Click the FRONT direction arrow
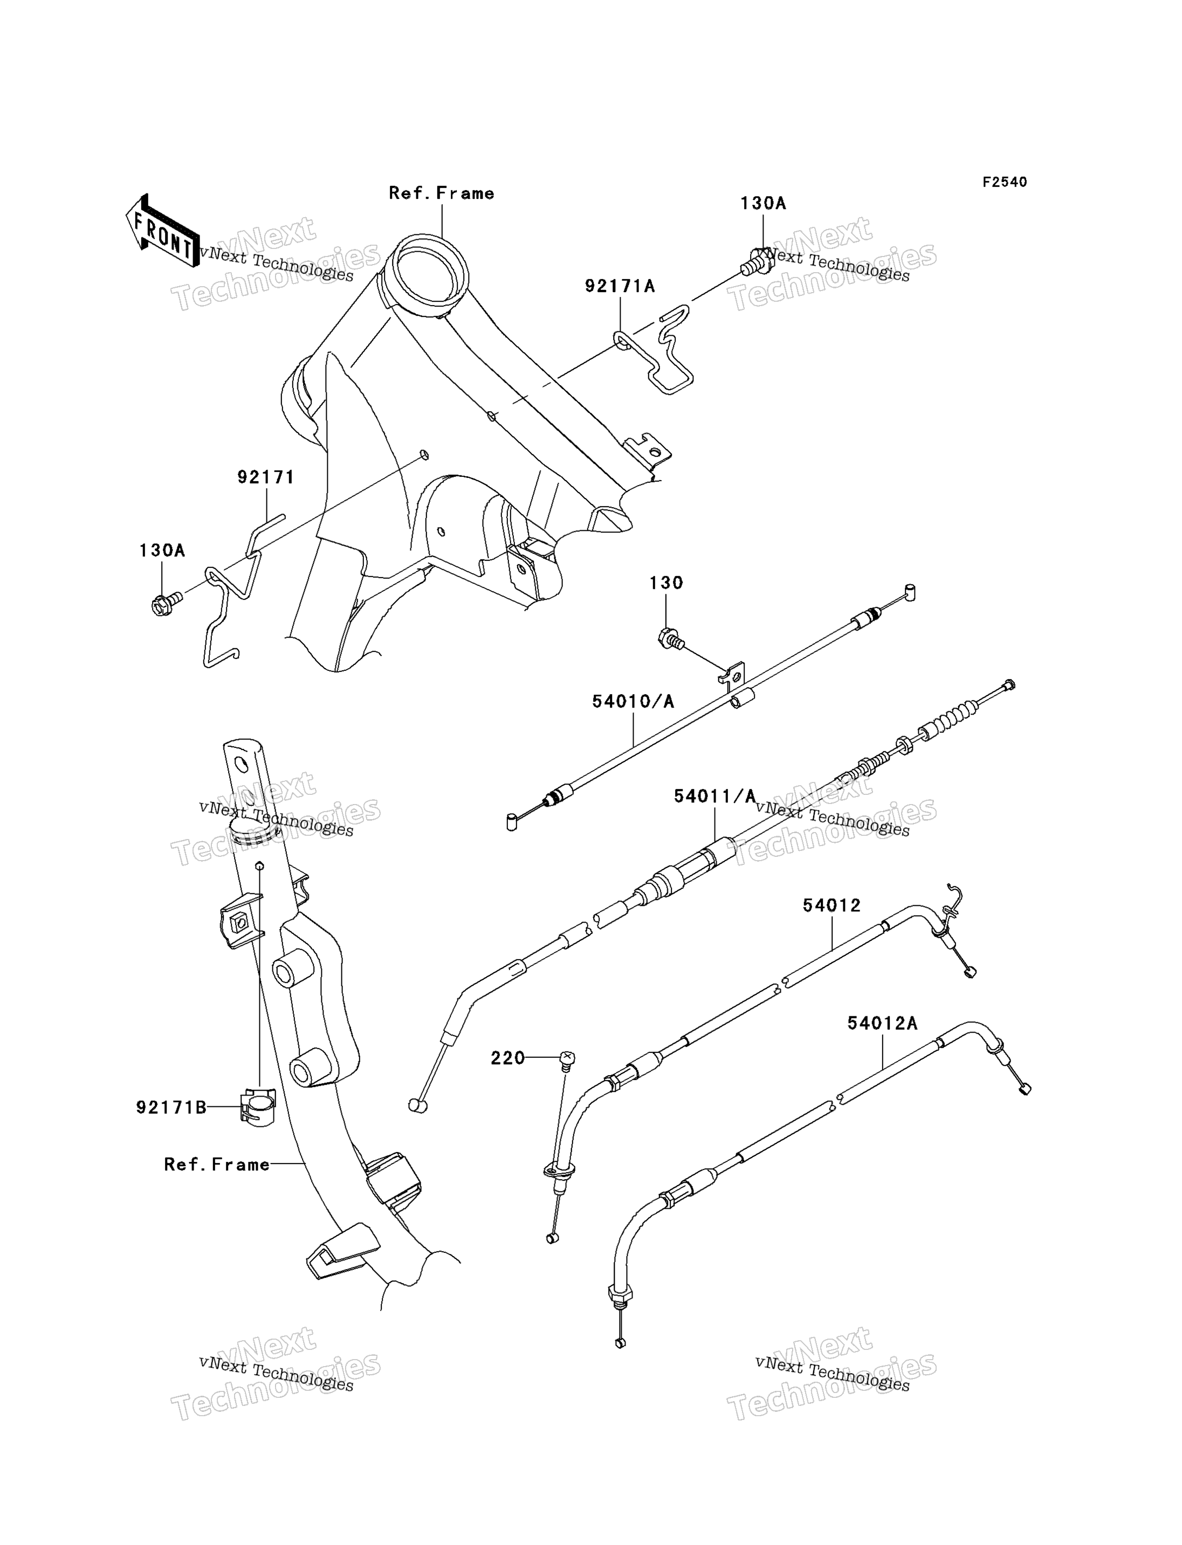coord(162,231)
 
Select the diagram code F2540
coord(1005,182)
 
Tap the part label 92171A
coord(620,286)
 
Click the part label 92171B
coord(171,1107)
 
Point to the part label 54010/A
coord(633,701)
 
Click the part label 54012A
coord(882,1023)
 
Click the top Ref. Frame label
coord(442,193)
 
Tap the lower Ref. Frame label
coord(217,1165)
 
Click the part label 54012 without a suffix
coord(831,906)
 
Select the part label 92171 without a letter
coord(266,477)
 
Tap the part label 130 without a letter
coord(666,583)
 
